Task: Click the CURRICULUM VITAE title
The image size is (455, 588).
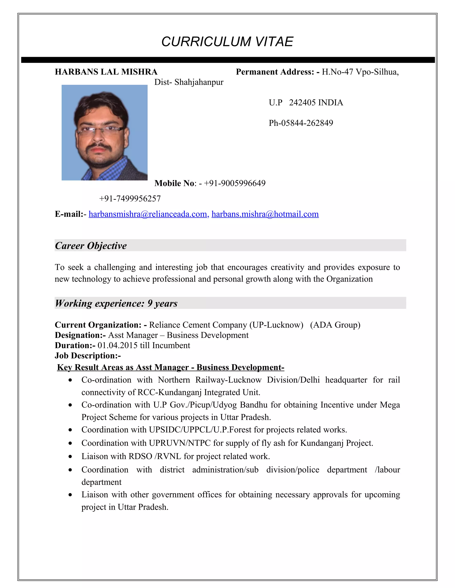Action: point(227,42)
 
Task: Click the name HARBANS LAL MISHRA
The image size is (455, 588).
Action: point(106,72)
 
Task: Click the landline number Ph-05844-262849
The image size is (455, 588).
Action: point(301,123)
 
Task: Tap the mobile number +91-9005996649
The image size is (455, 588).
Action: point(235,183)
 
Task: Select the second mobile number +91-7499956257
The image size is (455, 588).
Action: point(130,199)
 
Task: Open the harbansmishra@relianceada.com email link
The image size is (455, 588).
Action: point(148,214)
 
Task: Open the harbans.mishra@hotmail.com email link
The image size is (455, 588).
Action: point(265,214)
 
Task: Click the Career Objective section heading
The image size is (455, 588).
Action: point(91,246)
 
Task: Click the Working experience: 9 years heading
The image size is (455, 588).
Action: point(116,303)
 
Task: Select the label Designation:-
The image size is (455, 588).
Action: point(80,335)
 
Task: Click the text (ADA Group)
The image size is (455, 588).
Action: point(335,325)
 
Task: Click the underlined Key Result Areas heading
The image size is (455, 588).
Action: point(171,367)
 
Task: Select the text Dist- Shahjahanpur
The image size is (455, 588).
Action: point(189,82)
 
